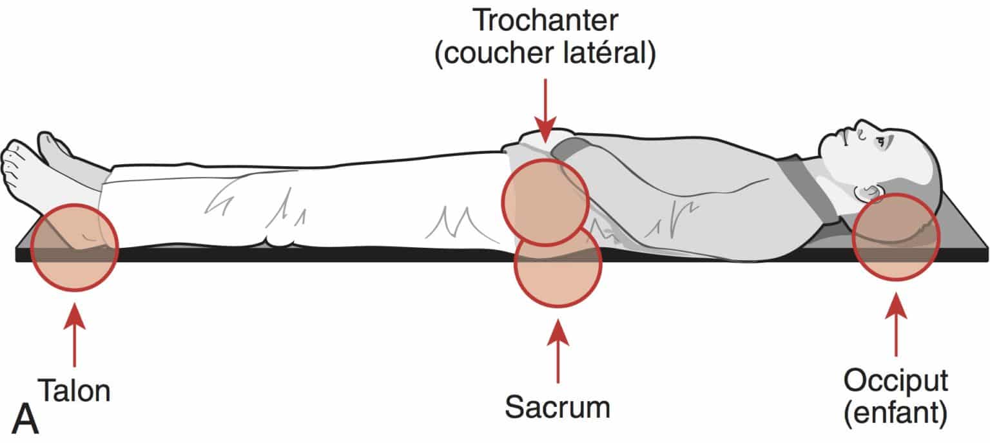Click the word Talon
(x=74, y=390)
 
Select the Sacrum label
(x=558, y=406)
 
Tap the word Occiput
(x=896, y=382)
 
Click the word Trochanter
(x=545, y=21)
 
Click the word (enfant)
(x=896, y=415)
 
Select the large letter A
(x=24, y=419)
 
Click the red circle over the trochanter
(x=545, y=202)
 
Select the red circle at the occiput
(x=895, y=236)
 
